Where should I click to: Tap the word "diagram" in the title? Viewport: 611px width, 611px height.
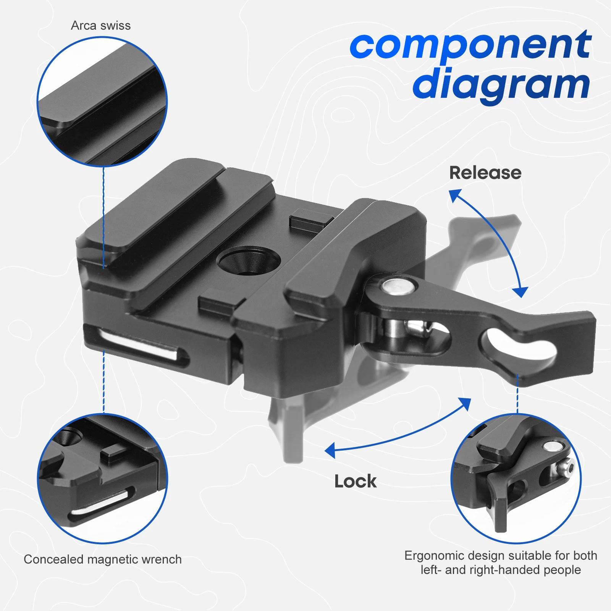pyautogui.click(x=501, y=85)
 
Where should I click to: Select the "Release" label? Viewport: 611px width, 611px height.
pyautogui.click(x=485, y=173)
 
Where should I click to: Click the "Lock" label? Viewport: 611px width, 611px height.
pyautogui.click(x=355, y=481)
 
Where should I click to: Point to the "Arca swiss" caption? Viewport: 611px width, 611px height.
pyautogui.click(x=101, y=26)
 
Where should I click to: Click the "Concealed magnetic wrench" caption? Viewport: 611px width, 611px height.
pyautogui.click(x=103, y=559)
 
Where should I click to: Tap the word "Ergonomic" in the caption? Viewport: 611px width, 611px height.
pyautogui.click(x=434, y=556)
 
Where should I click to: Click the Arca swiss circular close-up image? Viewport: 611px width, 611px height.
pyautogui.click(x=102, y=102)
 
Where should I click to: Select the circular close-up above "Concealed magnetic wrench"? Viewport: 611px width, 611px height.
pyautogui.click(x=102, y=478)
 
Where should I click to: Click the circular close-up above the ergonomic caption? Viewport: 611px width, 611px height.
pyautogui.click(x=516, y=478)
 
